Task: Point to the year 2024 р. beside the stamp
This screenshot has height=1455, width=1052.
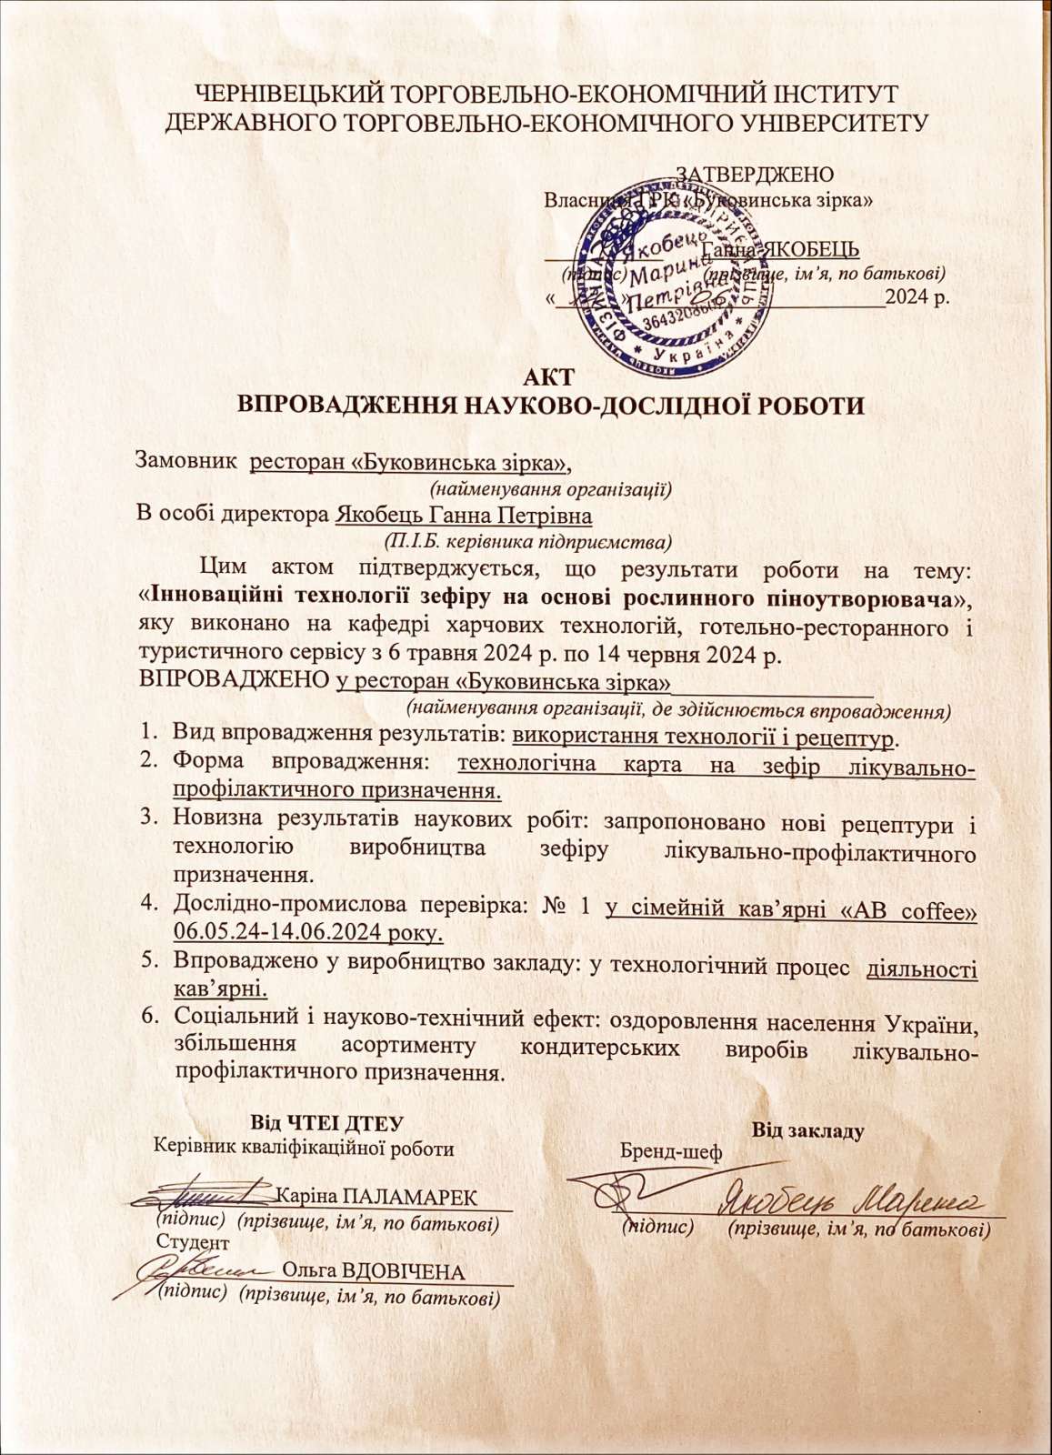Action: tap(918, 297)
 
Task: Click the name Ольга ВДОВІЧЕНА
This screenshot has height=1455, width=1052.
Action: tap(374, 1270)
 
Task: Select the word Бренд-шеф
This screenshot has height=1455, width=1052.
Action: tap(671, 1153)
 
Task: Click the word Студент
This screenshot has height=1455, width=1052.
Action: tap(193, 1242)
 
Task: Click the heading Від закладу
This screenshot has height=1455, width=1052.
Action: tap(808, 1131)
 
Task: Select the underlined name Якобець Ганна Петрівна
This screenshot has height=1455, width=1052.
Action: tap(464, 517)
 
